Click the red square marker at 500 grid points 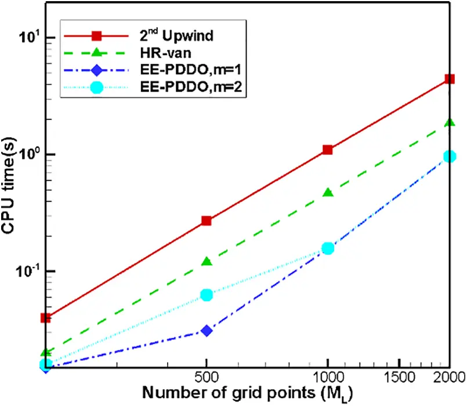tap(206, 221)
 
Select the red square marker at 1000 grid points tap(328, 149)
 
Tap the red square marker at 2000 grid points tap(449, 79)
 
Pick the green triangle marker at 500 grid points tap(206, 262)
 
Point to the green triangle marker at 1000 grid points tap(328, 192)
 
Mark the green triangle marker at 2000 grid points tap(449, 122)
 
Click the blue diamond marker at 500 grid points tap(206, 330)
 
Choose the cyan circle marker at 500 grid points tap(206, 295)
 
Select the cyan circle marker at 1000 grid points tap(328, 248)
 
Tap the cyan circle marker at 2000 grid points tap(449, 156)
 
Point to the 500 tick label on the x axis tap(206, 377)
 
